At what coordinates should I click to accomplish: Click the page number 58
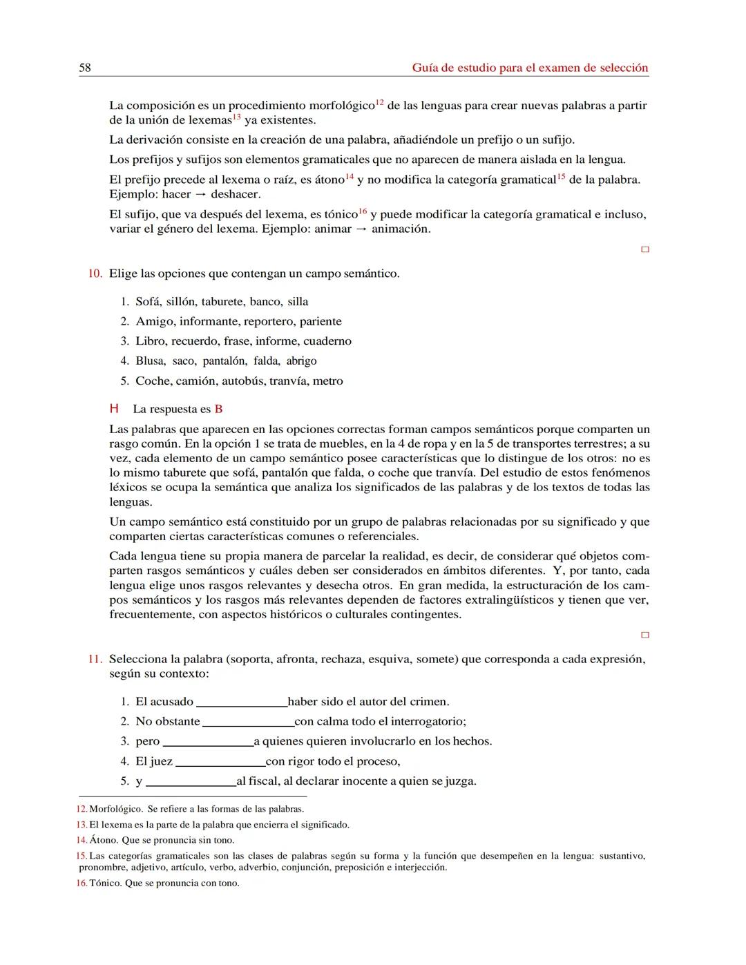[x=85, y=68]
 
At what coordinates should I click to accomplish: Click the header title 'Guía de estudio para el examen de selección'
[x=530, y=68]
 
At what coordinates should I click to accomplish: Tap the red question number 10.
[x=95, y=274]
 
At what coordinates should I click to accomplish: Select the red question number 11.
[x=95, y=659]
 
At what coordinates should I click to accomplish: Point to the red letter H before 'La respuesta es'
[x=115, y=409]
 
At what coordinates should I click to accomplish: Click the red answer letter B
[x=218, y=409]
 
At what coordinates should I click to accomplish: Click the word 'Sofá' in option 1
[x=148, y=302]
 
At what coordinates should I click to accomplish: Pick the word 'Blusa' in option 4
[x=150, y=361]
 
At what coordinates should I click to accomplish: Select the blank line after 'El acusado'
[x=242, y=705]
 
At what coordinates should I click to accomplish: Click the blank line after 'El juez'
[x=220, y=765]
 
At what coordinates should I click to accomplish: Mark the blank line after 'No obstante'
[x=248, y=725]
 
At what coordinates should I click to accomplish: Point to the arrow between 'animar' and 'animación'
[x=361, y=229]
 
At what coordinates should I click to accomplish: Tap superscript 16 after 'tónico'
[x=363, y=211]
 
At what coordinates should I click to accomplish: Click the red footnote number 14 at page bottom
[x=82, y=841]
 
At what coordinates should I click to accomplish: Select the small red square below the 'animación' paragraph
[x=645, y=249]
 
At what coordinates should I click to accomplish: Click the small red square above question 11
[x=645, y=635]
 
